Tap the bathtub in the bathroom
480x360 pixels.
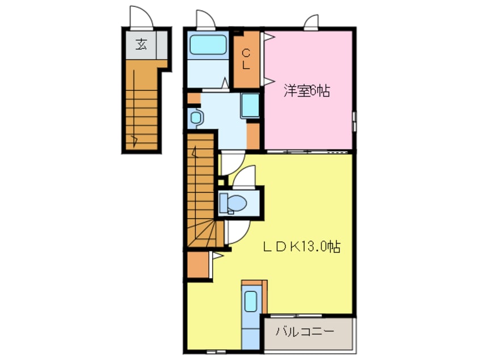pos(208,44)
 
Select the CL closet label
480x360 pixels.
pos(246,58)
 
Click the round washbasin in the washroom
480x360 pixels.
pos(196,118)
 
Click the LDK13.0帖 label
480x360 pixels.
pos(301,247)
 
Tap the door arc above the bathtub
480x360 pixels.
pos(204,19)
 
